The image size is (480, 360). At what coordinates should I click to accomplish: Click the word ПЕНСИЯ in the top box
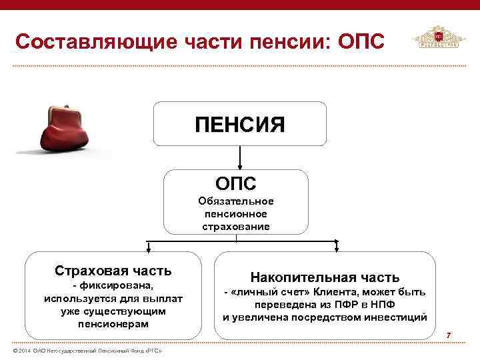coord(239,124)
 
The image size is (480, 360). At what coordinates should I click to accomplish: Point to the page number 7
coord(449,334)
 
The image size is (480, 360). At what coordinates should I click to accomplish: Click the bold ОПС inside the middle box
coord(235,182)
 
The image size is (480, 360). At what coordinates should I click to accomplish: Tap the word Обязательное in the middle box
coord(236,201)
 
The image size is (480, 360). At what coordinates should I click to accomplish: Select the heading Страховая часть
coord(113,271)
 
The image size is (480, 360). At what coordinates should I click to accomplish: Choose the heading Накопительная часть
coord(325,277)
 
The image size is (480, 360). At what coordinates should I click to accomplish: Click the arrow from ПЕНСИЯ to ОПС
coord(239,157)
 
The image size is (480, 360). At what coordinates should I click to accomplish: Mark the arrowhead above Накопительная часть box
coord(337,249)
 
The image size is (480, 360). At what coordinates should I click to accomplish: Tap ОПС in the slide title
coord(361,41)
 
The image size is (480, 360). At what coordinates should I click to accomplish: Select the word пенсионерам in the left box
coord(113,323)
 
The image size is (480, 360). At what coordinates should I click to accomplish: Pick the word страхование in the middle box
coord(236,226)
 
